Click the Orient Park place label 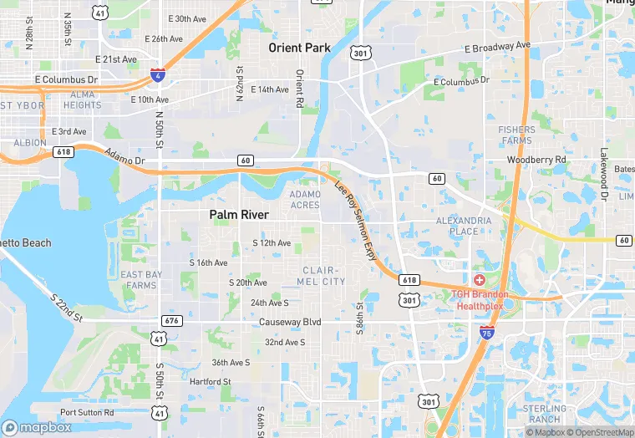(299, 48)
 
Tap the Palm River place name (239, 215)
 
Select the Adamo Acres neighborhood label (304, 199)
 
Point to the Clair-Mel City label (322, 276)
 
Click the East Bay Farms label (141, 280)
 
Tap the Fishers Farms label (516, 135)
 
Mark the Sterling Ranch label (545, 413)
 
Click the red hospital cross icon (479, 279)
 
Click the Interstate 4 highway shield (157, 76)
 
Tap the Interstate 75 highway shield (486, 333)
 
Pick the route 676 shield (171, 321)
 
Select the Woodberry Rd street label (536, 159)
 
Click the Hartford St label (210, 382)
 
